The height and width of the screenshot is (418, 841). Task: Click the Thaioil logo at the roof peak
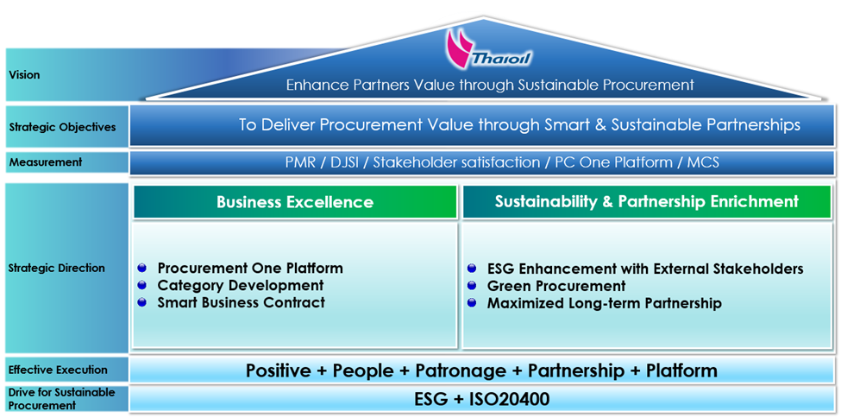click(x=480, y=50)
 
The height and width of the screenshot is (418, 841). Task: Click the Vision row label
click(x=24, y=75)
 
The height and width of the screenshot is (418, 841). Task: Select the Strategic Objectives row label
click(x=62, y=127)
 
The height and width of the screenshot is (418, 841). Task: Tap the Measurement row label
click(x=45, y=161)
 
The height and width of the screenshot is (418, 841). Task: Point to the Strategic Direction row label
click(x=57, y=268)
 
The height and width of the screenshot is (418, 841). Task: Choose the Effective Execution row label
click(x=58, y=370)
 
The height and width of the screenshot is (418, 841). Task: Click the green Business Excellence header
click(x=295, y=202)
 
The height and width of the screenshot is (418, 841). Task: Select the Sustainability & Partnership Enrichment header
click(x=646, y=201)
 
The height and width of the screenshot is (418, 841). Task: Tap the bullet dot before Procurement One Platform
click(x=142, y=268)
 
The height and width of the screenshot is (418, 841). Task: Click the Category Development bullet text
click(x=240, y=285)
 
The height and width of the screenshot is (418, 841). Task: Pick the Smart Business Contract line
click(x=241, y=302)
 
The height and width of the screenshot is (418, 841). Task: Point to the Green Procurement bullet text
click(x=556, y=286)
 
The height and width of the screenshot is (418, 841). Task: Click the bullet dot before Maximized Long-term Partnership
click(x=472, y=303)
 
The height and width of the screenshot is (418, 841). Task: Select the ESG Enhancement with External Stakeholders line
click(x=644, y=269)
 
